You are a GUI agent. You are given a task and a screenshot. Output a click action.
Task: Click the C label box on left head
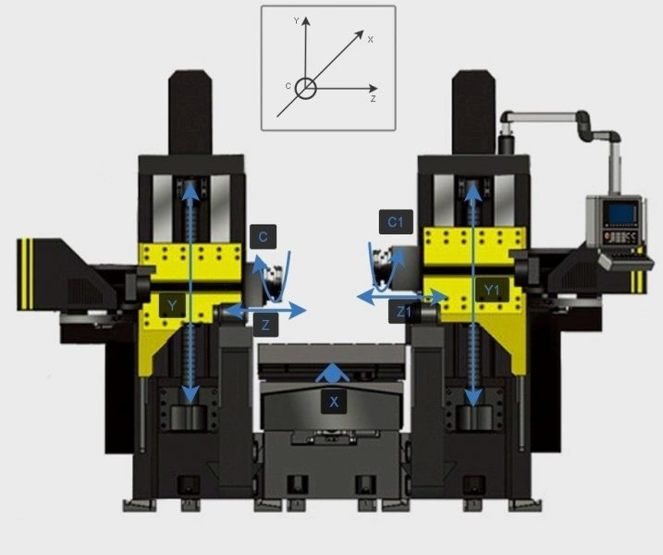coord(263,237)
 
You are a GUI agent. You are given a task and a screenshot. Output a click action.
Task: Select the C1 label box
coord(396,222)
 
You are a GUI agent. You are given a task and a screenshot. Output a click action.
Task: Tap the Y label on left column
coord(172,305)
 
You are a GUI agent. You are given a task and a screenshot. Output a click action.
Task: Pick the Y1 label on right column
coord(491,290)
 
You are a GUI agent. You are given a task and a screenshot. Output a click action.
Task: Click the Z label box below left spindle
coord(265,325)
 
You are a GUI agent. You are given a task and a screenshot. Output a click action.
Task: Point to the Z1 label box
coord(404,312)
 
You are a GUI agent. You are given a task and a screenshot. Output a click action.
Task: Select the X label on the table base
coord(334,401)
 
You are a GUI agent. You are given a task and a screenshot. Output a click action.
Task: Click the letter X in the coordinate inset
coord(371,40)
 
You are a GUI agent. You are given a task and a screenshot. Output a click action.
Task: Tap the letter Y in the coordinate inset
coord(297,20)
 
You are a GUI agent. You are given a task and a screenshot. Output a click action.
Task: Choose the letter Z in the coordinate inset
coord(373,99)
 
